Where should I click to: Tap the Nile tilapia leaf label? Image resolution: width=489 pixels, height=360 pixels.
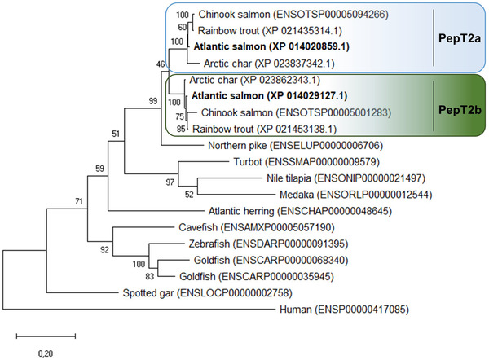tap(350, 178)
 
